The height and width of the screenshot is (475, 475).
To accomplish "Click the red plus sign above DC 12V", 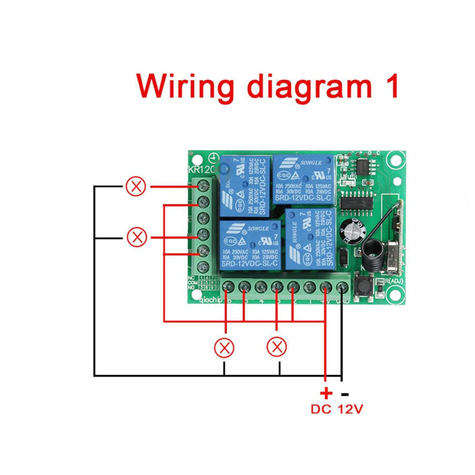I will tap(325, 393).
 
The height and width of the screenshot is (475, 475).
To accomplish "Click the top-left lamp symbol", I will tap(136, 187).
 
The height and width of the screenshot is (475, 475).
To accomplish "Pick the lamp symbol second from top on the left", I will tap(136, 237).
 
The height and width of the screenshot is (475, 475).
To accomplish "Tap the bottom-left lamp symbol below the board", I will tap(224, 348).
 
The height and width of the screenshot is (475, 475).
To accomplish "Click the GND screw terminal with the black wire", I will tap(342, 287).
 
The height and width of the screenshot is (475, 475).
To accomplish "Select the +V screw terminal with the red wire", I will tap(326, 287).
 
